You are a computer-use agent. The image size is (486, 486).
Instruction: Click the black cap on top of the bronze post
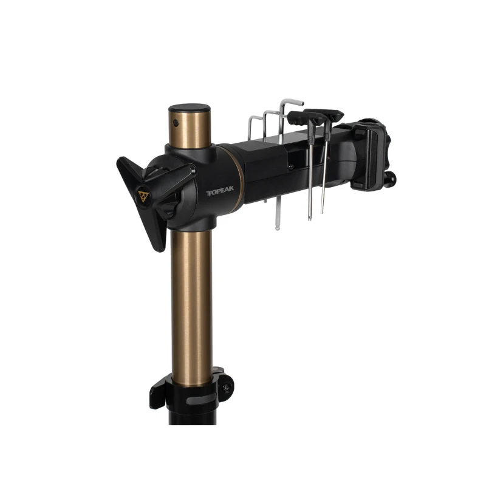pos(189,110)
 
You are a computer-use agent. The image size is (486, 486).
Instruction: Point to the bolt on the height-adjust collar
pos(226,388)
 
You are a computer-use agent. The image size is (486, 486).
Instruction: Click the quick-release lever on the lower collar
pos(157,392)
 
